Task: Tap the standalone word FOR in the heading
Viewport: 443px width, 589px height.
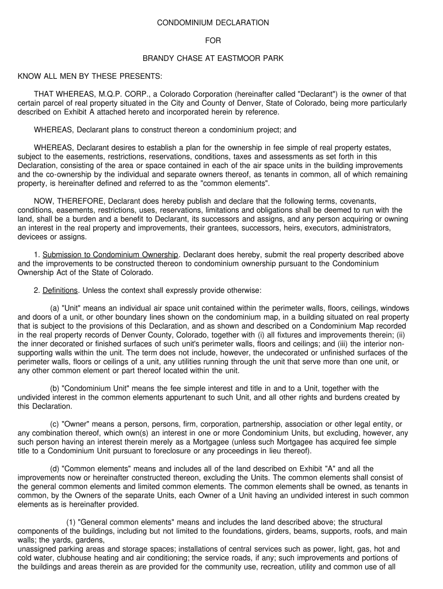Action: pos(213,41)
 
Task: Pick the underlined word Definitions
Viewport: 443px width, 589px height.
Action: pos(59,290)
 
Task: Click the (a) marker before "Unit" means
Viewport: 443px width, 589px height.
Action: pos(55,308)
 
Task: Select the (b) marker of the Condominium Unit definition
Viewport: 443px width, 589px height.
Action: pos(55,388)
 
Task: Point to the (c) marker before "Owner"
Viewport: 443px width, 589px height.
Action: pos(55,424)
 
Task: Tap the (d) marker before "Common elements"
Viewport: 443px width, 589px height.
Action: pos(55,469)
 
